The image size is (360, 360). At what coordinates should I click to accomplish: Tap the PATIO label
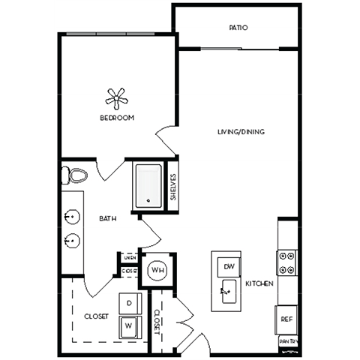pos(238,28)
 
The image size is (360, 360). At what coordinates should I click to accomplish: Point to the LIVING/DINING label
pos(241,133)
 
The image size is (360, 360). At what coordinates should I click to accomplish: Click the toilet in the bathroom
pos(75,175)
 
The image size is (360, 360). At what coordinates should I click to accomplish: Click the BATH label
pos(107,219)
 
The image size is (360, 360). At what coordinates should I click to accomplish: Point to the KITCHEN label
pos(259,283)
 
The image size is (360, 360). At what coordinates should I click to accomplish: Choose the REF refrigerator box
pos(286,319)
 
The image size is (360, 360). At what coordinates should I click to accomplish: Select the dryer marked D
pos(129,303)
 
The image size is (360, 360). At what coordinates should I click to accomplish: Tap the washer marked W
pos(129,326)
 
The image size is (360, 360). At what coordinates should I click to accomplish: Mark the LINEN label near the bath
pos(130,257)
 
